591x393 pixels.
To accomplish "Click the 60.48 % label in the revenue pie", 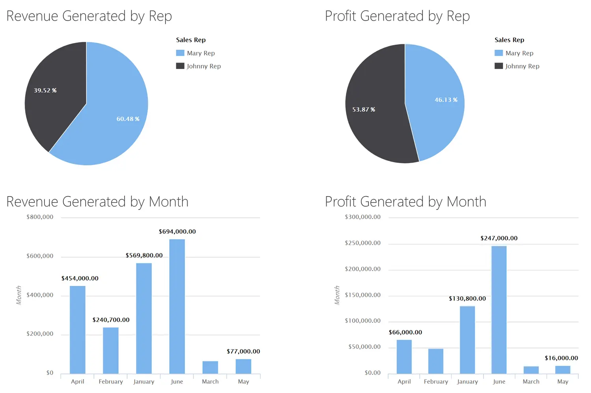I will click(x=128, y=119).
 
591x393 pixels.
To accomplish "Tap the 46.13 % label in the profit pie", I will click(x=446, y=100).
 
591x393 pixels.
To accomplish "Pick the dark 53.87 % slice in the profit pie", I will click(x=374, y=118).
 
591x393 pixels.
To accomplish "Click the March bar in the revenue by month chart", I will click(x=210, y=367).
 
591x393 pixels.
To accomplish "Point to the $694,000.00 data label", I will click(x=177, y=232).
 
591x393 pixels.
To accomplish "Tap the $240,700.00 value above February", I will click(x=111, y=320).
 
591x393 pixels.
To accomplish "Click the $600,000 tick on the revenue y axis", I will click(x=40, y=256).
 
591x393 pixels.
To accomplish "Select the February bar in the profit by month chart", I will click(x=436, y=361).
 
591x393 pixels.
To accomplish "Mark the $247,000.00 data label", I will click(x=499, y=238).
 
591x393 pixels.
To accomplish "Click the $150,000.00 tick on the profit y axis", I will click(x=362, y=295).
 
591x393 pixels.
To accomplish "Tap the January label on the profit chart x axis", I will click(x=467, y=382).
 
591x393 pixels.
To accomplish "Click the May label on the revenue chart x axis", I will click(x=243, y=382).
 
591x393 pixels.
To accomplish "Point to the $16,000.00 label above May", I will click(x=561, y=358).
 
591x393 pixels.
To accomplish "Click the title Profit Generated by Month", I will click(x=405, y=202).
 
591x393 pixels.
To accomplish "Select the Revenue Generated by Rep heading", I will click(x=89, y=16).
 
